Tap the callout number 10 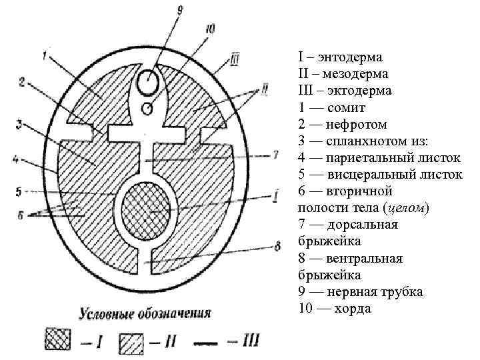211,29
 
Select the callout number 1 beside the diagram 44,57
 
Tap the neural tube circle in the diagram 148,83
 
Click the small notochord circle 148,107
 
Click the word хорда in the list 353,309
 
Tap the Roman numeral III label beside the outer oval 235,61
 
